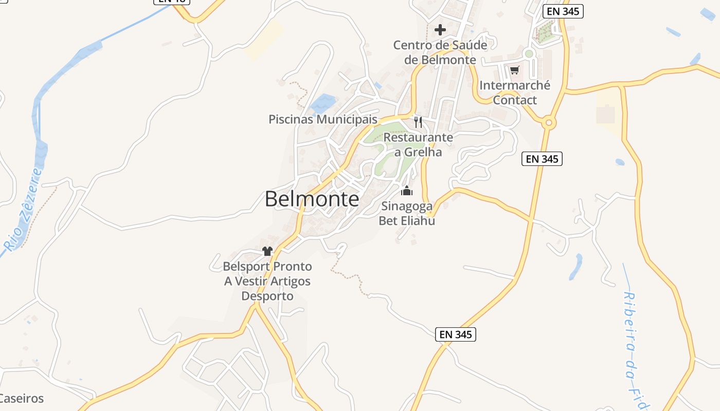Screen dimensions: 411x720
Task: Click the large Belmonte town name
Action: pyautogui.click(x=312, y=199)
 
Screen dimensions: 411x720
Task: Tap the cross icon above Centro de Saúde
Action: pyautogui.click(x=440, y=29)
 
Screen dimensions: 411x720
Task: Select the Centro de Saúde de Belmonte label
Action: pyautogui.click(x=440, y=52)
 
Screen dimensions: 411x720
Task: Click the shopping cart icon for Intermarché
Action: pyautogui.click(x=515, y=70)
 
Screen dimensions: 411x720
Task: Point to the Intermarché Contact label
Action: pyautogui.click(x=515, y=92)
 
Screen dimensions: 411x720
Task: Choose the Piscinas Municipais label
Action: pyautogui.click(x=323, y=119)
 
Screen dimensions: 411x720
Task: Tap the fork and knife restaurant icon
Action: pyautogui.click(x=418, y=122)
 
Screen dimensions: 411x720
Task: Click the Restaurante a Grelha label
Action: pyautogui.click(x=418, y=145)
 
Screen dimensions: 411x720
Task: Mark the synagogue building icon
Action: pyautogui.click(x=407, y=191)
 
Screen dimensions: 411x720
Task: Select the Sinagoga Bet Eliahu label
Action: pyautogui.click(x=407, y=214)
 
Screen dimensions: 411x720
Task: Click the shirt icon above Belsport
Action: pyautogui.click(x=267, y=251)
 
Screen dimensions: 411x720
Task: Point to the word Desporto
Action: pyautogui.click(x=267, y=296)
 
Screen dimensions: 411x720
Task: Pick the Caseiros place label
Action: pyautogui.click(x=22, y=398)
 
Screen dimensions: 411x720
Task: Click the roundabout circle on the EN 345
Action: pyautogui.click(x=549, y=123)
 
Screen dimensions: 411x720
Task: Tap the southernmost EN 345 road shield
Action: pyautogui.click(x=456, y=334)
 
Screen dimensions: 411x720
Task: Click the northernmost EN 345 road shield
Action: pyautogui.click(x=563, y=12)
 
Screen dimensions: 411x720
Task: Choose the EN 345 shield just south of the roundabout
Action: pyautogui.click(x=542, y=159)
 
